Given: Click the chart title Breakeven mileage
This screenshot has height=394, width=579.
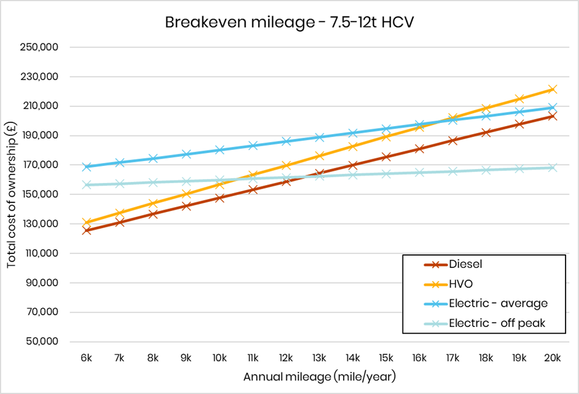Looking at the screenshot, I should [289, 22].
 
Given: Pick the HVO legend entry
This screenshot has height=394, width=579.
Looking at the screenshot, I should [461, 284].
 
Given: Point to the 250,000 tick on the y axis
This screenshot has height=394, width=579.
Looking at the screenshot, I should [49, 47].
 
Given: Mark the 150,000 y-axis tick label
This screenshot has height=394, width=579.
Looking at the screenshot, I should [49, 195].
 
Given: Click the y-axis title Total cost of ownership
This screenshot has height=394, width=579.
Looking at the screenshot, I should [12, 194].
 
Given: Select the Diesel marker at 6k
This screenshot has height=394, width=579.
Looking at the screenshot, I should [87, 230].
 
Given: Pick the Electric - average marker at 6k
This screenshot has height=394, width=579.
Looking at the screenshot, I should [87, 167].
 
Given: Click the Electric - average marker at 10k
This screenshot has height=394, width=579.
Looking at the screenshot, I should [219, 150].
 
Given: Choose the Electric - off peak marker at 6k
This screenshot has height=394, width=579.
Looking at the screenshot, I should [87, 185].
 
